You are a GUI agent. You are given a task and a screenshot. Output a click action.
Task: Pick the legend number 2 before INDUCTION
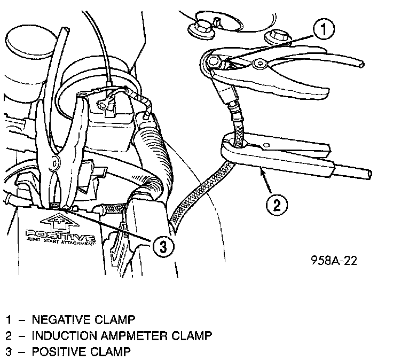(9, 336)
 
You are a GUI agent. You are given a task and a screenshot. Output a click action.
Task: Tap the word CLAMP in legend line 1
(116, 320)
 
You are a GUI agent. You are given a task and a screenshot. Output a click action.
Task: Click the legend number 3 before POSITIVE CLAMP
(9, 352)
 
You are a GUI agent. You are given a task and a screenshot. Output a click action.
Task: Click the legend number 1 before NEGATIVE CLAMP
(9, 320)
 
